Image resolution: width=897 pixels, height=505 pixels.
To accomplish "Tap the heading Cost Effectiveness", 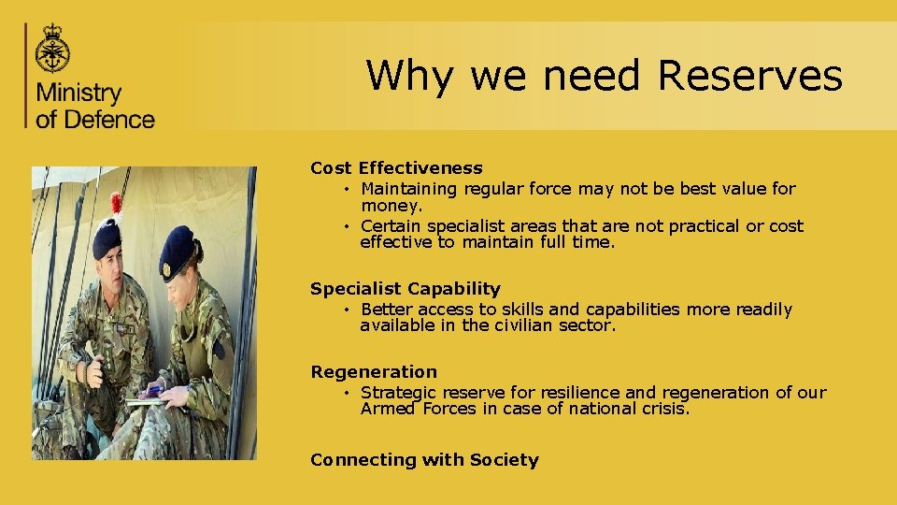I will coord(396,168).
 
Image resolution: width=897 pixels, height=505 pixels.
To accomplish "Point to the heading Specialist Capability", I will coord(405,289).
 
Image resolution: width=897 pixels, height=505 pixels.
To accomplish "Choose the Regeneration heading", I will coord(373,372).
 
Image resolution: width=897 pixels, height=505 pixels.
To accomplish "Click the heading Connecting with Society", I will coord(424,460).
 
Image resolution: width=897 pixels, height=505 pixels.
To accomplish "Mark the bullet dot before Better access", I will coord(346,310).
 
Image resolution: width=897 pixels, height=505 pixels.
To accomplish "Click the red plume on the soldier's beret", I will coord(117,204).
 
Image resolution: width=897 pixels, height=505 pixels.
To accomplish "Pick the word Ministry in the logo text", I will coord(79,94).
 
